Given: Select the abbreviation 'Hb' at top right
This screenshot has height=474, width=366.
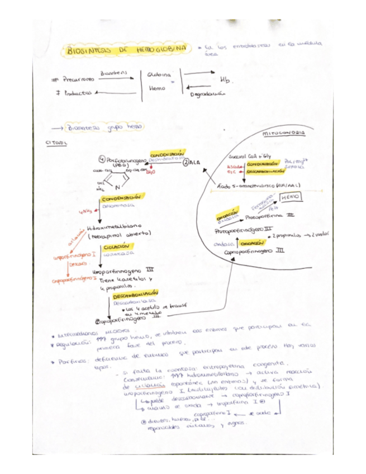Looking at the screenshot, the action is [224, 81].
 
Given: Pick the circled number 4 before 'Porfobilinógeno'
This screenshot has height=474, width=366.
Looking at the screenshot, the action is [101, 158].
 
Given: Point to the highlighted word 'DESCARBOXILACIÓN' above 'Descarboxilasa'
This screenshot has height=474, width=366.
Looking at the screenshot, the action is [132, 293].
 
